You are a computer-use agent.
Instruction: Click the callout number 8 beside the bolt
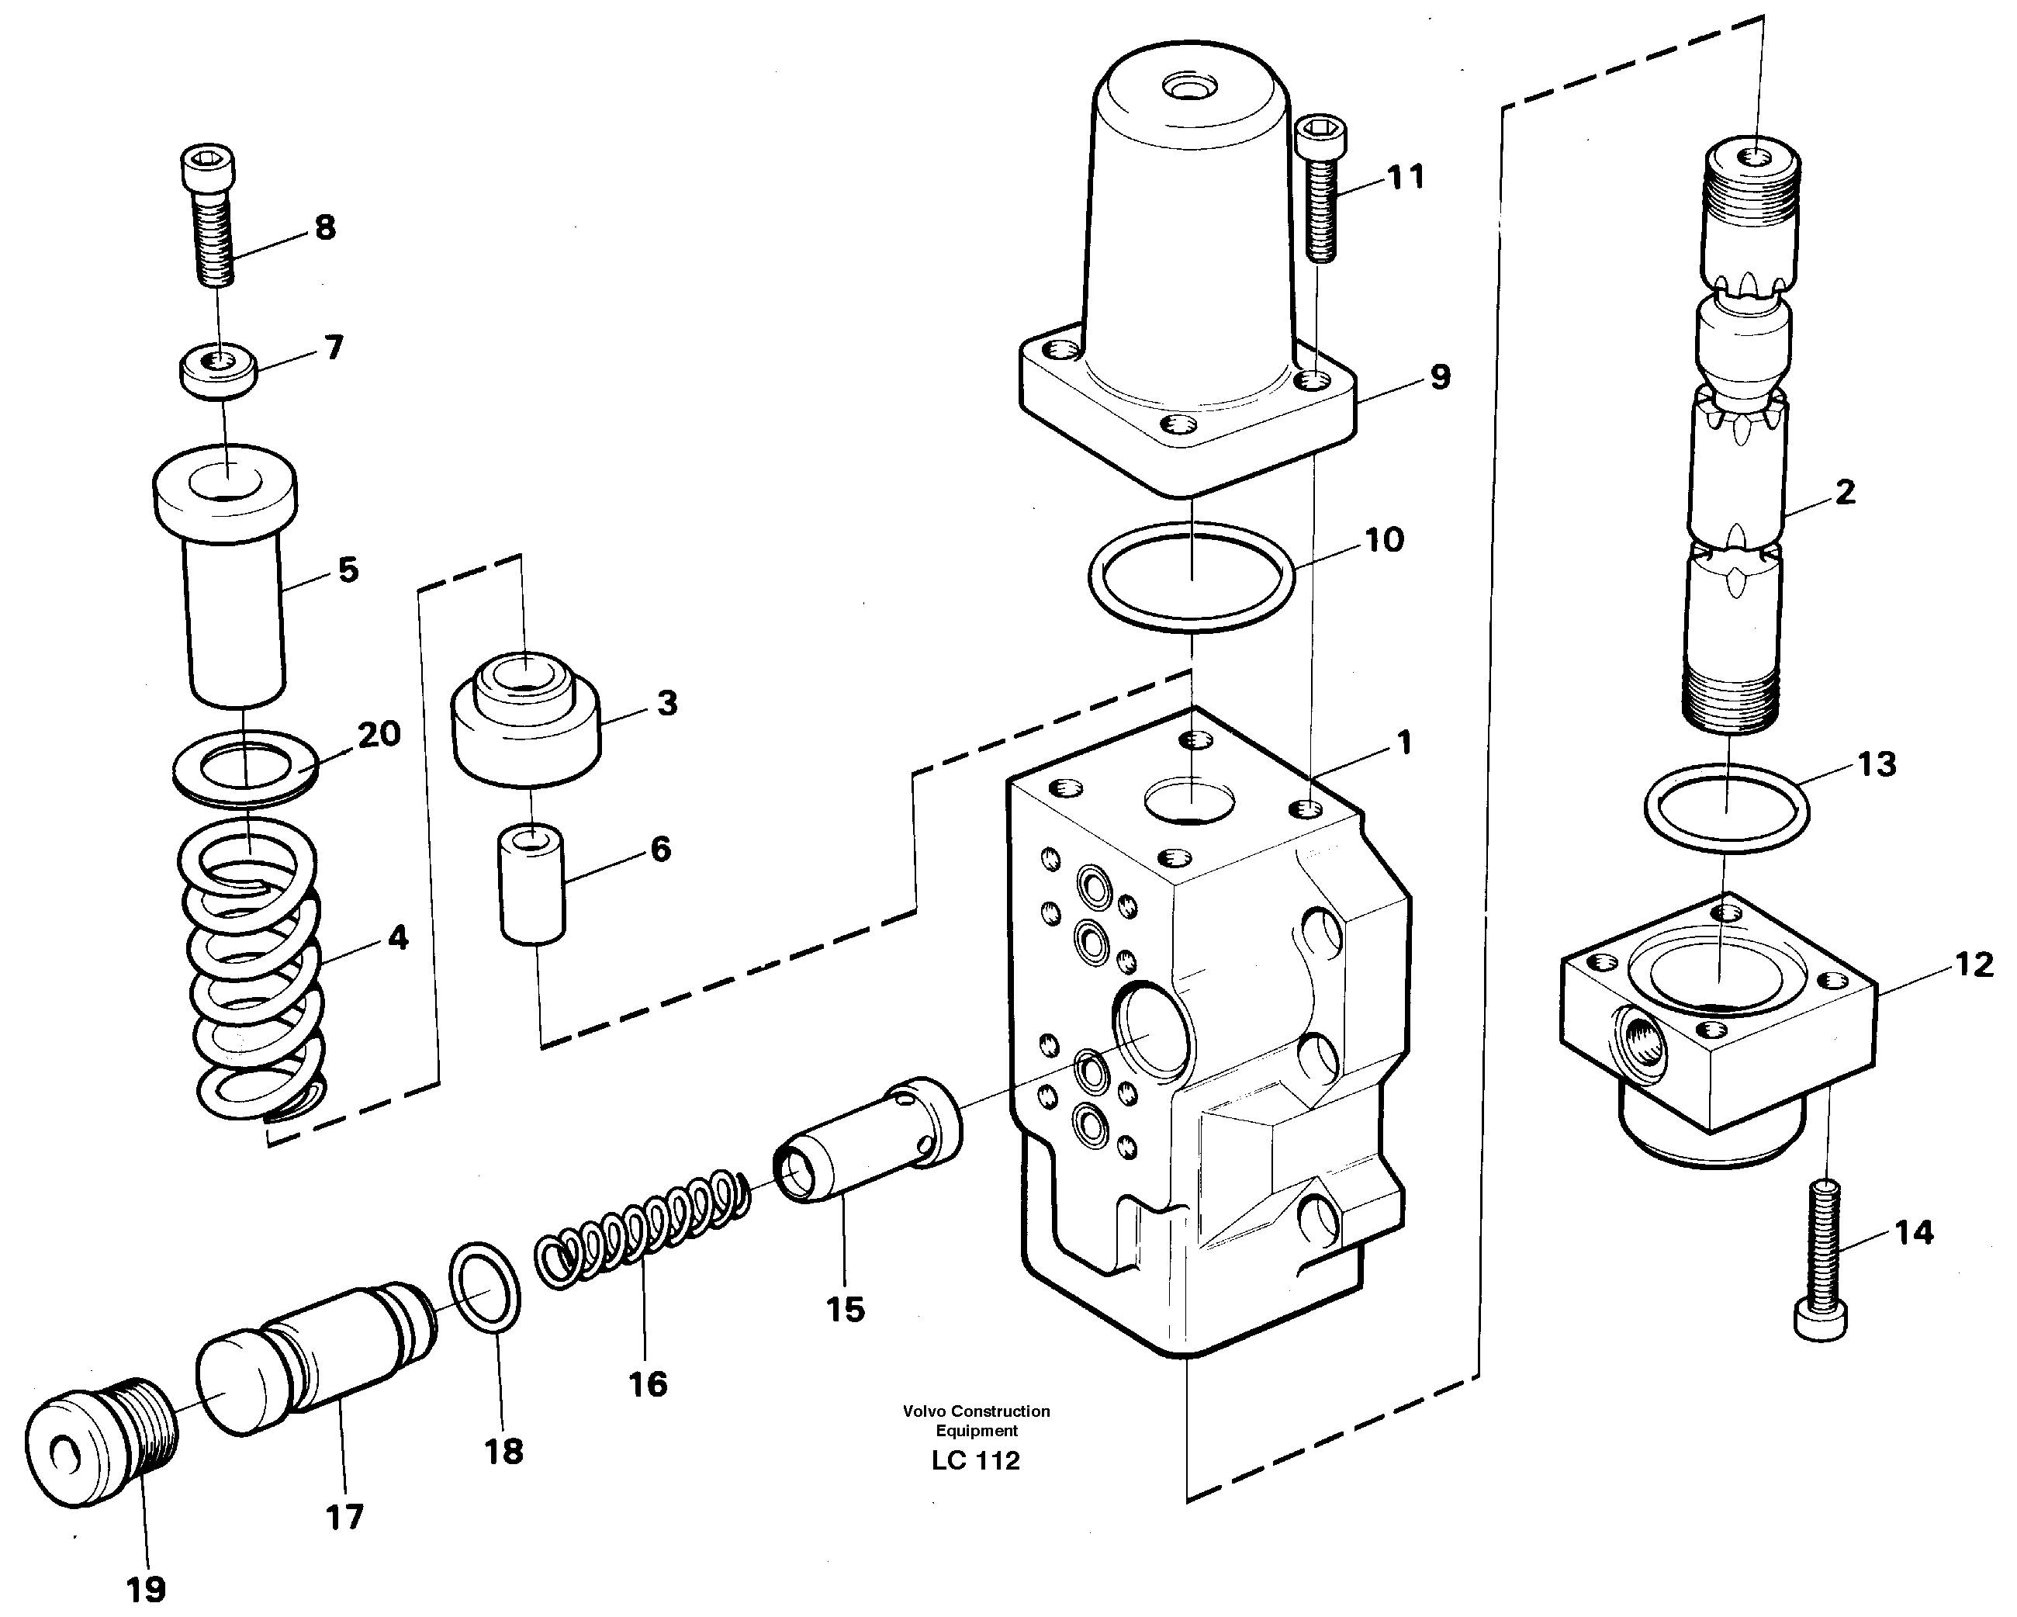pyautogui.click(x=324, y=227)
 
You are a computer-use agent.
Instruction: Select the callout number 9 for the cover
pyautogui.click(x=1440, y=378)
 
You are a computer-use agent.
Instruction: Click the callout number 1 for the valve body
pyautogui.click(x=1403, y=744)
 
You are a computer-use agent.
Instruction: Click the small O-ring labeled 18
pyautogui.click(x=485, y=1286)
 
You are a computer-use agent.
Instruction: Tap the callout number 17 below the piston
pyautogui.click(x=344, y=1516)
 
